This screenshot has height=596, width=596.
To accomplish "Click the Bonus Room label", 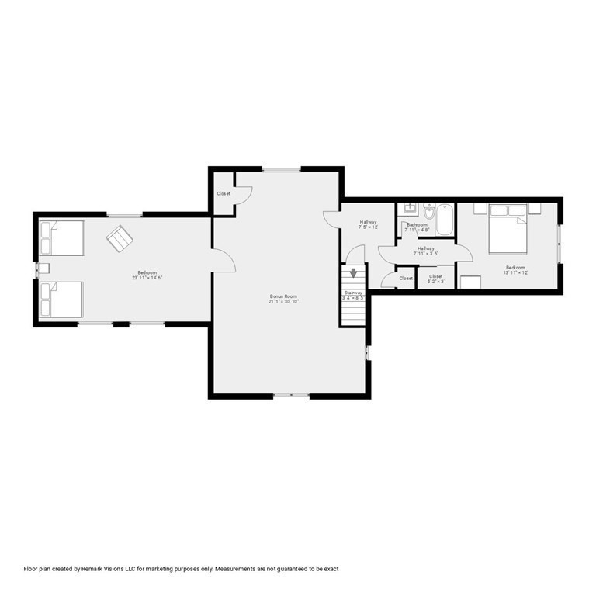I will (x=284, y=296).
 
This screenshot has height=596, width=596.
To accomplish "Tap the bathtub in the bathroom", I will (x=445, y=219).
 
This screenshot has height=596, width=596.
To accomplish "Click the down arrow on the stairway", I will (x=354, y=273).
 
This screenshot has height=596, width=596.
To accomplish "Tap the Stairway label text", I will (x=354, y=292).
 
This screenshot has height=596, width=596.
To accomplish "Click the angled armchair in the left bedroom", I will (x=120, y=238).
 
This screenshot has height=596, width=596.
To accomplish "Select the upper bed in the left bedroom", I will (x=62, y=238).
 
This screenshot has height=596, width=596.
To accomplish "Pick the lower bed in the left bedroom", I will (x=62, y=299).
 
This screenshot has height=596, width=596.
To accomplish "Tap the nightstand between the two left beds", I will (x=43, y=269).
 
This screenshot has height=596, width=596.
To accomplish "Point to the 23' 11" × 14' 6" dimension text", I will (x=147, y=277).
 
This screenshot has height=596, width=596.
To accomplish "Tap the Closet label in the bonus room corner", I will (x=223, y=193).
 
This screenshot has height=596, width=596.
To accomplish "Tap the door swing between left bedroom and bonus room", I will (x=224, y=262).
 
